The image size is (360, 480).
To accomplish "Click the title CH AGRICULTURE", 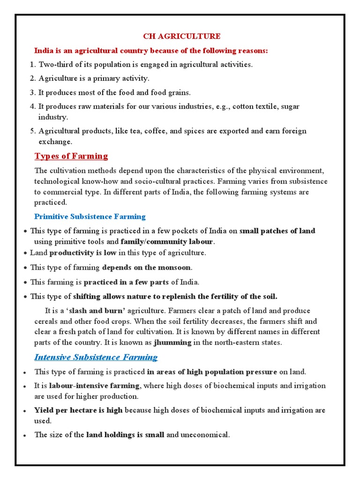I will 181,36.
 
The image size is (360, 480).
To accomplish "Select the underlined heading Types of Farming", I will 71,156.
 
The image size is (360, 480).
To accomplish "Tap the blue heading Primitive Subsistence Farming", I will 90,217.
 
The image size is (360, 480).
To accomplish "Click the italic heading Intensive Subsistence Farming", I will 96,357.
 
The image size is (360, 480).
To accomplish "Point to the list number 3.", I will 32,92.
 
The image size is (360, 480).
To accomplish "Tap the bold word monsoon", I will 173,268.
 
